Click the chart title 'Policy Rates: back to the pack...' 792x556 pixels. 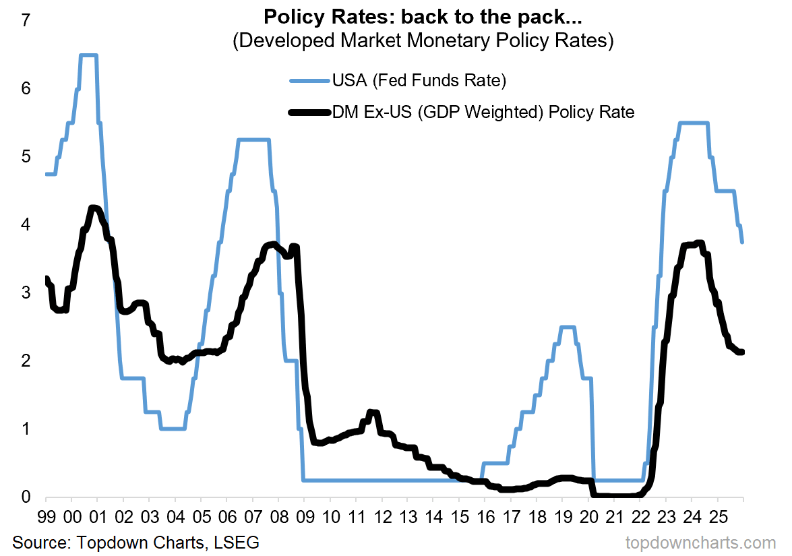(422, 16)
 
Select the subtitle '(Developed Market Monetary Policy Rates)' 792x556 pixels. (422, 40)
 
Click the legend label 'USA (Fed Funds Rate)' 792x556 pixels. (419, 82)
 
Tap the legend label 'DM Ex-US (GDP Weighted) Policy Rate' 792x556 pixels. (483, 112)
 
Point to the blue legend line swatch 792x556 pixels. (309, 82)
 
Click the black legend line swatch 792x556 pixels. (309, 112)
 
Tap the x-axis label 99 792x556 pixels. (46, 518)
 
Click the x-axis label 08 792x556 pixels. (278, 518)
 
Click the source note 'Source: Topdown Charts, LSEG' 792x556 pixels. (135, 542)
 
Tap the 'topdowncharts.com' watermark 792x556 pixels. (701, 543)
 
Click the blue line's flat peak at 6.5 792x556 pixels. (89, 55)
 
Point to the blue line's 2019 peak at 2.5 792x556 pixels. (568, 327)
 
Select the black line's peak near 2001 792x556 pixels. (94, 208)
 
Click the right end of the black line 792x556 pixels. (742, 352)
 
